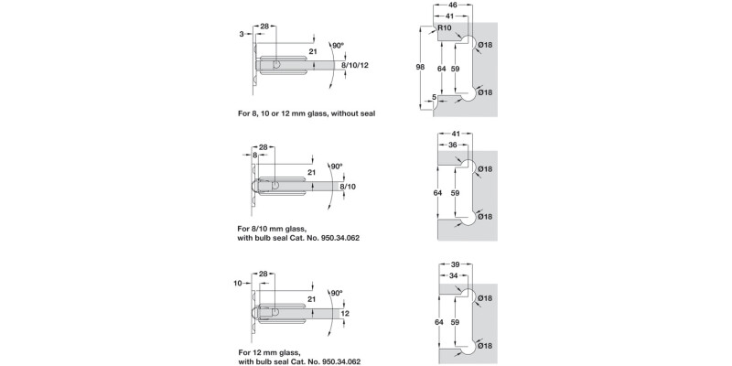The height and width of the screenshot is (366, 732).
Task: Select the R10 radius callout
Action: (445, 28)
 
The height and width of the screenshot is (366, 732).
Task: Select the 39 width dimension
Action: (457, 263)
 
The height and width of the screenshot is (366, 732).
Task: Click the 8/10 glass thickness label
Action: (348, 186)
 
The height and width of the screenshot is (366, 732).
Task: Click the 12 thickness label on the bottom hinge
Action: (345, 313)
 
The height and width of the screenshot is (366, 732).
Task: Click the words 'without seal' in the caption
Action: (351, 113)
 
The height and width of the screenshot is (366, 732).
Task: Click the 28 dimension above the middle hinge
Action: (264, 147)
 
